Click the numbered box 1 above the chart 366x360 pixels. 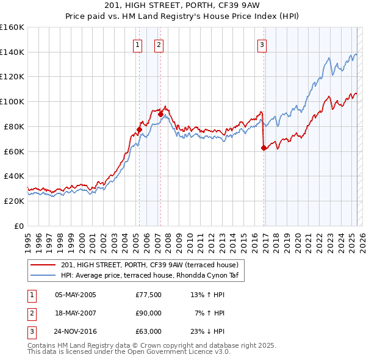137,44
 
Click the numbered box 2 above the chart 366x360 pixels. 159,44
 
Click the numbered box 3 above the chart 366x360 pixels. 262,44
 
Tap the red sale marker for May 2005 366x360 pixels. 139,129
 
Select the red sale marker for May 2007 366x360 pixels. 160,113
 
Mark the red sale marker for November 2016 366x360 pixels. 264,147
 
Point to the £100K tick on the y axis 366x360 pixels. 12,101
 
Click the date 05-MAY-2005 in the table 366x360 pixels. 76,295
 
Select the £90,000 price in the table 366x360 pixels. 148,313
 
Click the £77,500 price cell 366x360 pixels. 148,295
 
